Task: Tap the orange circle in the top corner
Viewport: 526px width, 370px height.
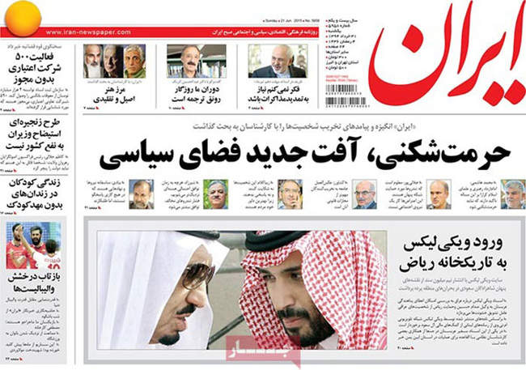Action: (19, 15)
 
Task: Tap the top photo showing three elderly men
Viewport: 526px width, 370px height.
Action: (113, 61)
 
